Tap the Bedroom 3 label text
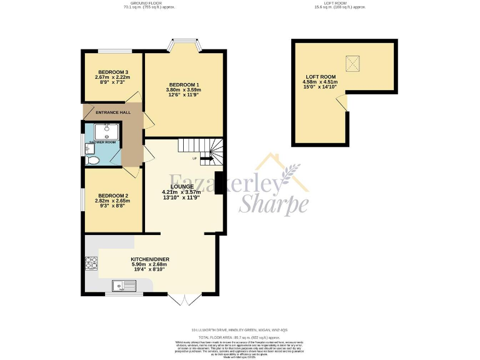point(112,72)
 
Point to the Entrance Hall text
point(113,112)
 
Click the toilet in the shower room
point(93,160)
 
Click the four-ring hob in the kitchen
point(91,264)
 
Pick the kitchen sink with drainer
point(125,287)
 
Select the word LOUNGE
point(181,186)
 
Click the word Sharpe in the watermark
point(274,203)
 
